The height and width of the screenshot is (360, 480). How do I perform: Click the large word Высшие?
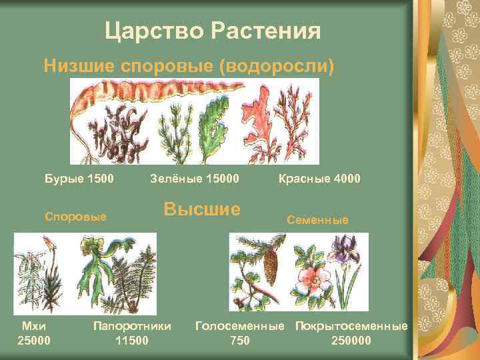(201, 209)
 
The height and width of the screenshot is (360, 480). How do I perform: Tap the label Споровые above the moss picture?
(75, 217)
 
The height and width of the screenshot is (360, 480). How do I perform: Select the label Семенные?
(317, 219)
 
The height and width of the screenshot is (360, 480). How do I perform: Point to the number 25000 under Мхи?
(33, 341)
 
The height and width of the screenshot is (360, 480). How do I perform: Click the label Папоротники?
(132, 327)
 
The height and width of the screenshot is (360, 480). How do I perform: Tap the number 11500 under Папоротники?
(132, 341)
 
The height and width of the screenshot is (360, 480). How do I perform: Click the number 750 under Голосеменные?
(239, 341)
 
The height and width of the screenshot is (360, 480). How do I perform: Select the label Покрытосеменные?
(351, 327)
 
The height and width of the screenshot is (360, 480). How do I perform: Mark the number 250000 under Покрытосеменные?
(351, 341)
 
